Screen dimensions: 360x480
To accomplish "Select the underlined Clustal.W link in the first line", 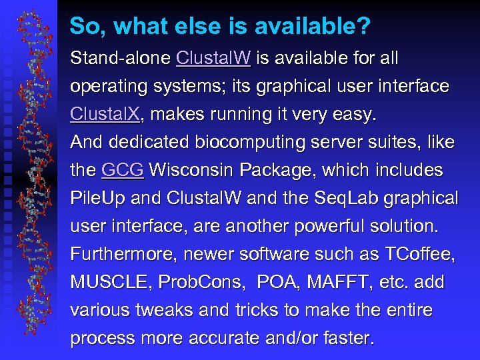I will tap(213, 59).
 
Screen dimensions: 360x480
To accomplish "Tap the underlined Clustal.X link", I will tap(105, 115).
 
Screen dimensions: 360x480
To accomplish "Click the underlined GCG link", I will tap(123, 171).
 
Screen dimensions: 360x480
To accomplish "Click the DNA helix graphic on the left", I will tap(32, 180).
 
